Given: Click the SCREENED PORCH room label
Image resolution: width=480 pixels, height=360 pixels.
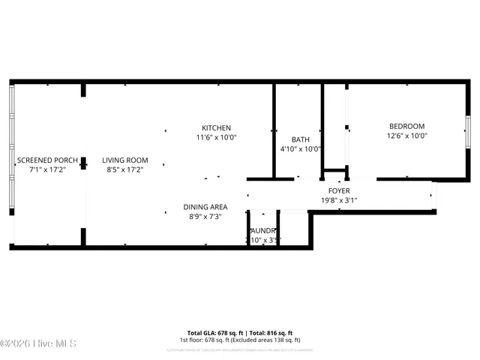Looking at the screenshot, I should (x=47, y=160).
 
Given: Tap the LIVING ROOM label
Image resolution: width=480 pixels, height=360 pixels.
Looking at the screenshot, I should (x=125, y=160).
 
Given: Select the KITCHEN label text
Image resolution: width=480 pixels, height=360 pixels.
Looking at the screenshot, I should (x=216, y=127).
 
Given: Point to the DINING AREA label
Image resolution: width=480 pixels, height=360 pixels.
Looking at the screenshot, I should (x=205, y=207).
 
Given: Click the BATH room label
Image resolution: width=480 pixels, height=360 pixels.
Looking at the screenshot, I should (x=300, y=139).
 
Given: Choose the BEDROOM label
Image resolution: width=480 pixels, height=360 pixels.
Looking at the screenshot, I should (x=406, y=126).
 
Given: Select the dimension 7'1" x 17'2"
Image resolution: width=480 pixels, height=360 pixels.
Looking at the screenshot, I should (x=47, y=170).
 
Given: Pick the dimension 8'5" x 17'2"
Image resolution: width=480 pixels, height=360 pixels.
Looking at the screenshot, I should (x=125, y=170).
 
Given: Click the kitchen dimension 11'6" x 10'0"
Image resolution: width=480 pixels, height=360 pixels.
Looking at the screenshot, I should (x=216, y=137).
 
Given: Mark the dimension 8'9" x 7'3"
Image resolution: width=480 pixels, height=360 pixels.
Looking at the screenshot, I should (x=205, y=217).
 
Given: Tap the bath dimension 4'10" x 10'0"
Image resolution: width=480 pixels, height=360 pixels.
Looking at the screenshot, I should (x=300, y=149).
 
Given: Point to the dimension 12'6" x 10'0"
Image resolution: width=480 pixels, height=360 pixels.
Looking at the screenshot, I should (x=406, y=136).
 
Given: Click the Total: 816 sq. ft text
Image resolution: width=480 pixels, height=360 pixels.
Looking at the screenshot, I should (x=270, y=332).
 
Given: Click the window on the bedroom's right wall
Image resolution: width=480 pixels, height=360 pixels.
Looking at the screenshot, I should (x=467, y=132).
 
